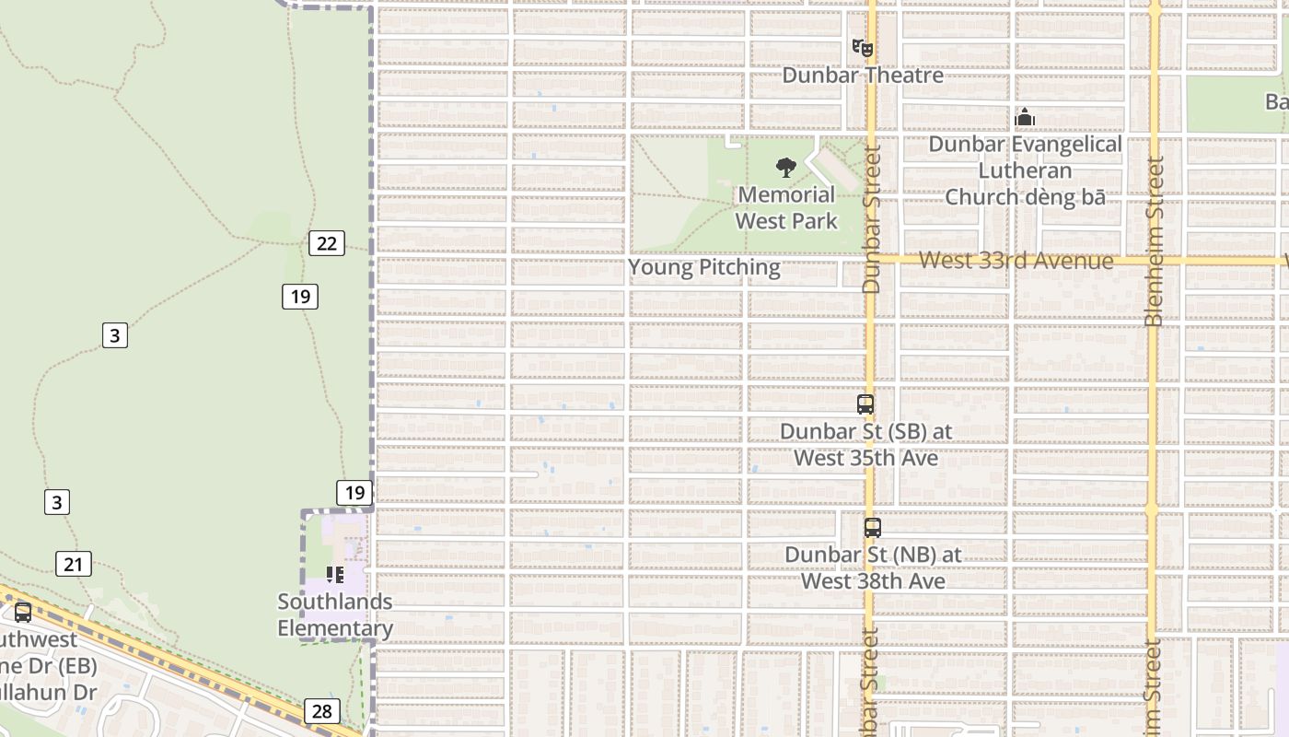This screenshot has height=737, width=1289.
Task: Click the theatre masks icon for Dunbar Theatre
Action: (x=863, y=47)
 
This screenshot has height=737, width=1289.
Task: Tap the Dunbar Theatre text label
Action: (x=863, y=75)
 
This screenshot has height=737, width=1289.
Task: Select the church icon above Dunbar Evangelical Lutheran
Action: (x=1025, y=117)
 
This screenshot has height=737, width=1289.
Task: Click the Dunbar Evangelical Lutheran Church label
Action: (x=1025, y=170)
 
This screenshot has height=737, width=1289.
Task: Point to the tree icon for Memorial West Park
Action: (x=786, y=167)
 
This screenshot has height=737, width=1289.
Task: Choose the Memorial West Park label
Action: (x=786, y=207)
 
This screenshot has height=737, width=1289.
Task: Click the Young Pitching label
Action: (x=704, y=267)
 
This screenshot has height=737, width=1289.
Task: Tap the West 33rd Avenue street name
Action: (x=1016, y=261)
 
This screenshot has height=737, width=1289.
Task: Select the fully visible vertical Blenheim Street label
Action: (x=1154, y=241)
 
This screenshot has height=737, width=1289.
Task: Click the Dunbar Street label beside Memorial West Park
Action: (x=871, y=219)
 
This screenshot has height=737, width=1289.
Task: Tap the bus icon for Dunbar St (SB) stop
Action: (x=865, y=404)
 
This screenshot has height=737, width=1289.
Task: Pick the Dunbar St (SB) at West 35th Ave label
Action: (x=865, y=444)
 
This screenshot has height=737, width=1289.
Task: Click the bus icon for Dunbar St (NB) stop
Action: (x=872, y=528)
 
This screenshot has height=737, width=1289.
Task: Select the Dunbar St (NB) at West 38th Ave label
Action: (x=873, y=567)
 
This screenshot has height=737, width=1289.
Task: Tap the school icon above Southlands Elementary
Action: (x=335, y=575)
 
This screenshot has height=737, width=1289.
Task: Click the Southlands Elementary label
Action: (x=335, y=615)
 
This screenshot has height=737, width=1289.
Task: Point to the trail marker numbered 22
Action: (x=327, y=243)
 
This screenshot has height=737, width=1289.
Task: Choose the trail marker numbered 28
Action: (x=321, y=711)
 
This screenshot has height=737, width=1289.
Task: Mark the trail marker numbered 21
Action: (x=74, y=564)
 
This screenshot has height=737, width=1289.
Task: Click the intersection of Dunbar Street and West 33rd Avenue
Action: (x=870, y=261)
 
